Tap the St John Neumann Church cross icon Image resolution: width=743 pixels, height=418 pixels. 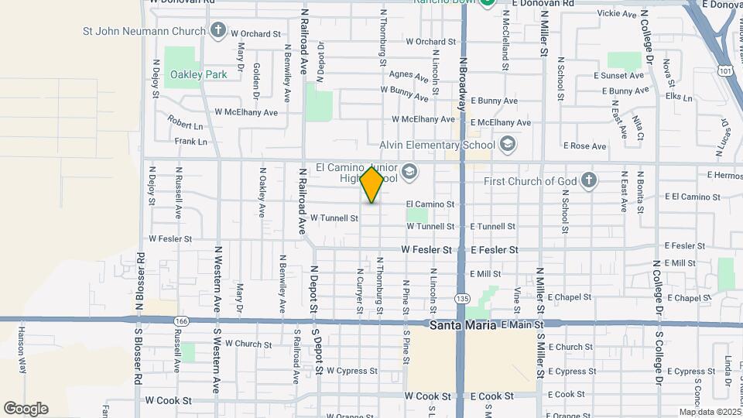(218, 32)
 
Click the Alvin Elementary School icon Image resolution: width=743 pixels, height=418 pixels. (507, 145)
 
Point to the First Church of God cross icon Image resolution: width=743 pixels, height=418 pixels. (589, 181)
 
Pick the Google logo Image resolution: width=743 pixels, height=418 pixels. (26, 409)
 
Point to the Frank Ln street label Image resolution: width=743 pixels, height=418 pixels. (191, 142)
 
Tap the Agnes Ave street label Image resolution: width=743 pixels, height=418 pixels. (409, 76)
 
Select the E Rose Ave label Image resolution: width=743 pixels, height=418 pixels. (584, 146)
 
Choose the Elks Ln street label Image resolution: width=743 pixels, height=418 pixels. (678, 97)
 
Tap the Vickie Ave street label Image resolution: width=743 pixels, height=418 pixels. (617, 14)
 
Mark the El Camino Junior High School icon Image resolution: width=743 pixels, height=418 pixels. (409, 172)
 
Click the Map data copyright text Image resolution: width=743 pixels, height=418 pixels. (710, 412)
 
